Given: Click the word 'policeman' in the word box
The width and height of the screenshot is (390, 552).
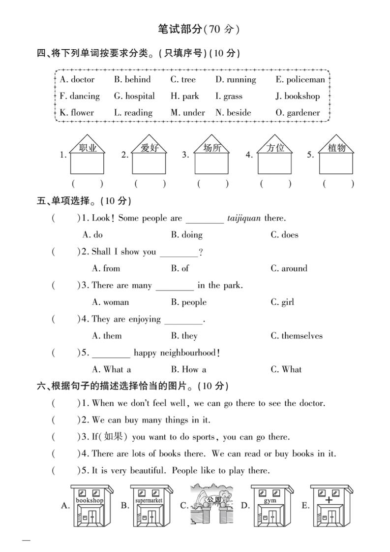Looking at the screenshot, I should tap(305, 80).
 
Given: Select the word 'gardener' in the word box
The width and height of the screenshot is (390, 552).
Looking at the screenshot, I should tap(303, 113).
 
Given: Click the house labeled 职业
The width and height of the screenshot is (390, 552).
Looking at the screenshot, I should tap(87, 155).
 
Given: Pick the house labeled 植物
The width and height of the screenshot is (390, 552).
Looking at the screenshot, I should tap(336, 155).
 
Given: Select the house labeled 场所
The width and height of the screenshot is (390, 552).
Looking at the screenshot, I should tap(212, 155).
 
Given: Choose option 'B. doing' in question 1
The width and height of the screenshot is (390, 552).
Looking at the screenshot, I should tap(187, 235).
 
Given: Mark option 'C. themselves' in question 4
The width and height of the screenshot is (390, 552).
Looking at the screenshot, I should tap(297, 336).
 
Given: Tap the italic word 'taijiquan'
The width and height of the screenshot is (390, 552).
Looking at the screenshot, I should tap(244, 218).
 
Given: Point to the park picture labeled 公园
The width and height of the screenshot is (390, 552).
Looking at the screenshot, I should tap(211, 504).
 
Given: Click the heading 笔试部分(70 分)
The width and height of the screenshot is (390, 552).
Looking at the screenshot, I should tap(198, 30).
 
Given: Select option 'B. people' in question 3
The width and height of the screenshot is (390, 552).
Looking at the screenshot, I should tap(189, 302).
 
